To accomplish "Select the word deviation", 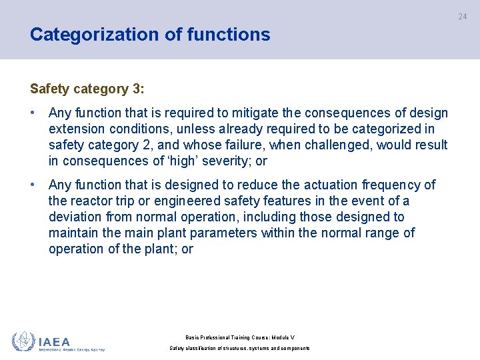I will pos(75,217).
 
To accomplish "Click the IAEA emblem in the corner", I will pos(23,341).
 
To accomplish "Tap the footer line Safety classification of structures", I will pos(240,348).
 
